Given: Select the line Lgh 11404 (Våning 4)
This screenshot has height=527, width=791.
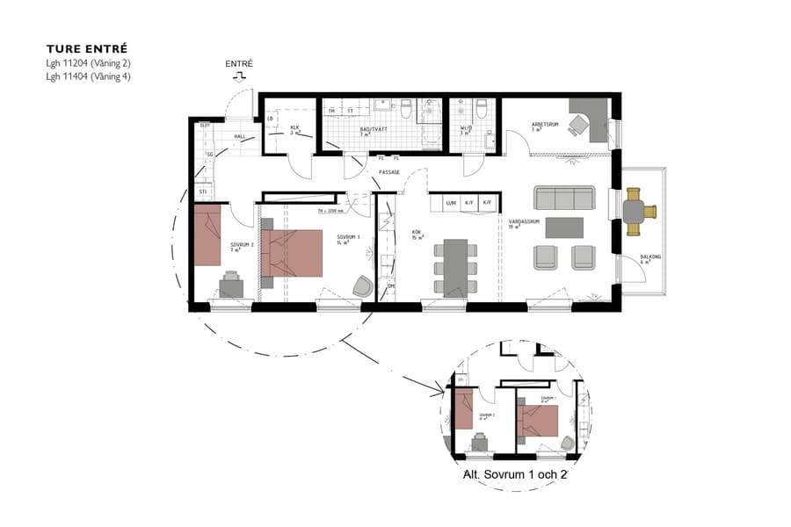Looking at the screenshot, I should (89, 76).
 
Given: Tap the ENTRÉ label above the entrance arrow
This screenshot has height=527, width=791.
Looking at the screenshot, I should (239, 64).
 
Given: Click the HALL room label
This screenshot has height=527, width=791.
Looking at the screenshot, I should (239, 137).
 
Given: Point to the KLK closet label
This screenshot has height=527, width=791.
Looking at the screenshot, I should (295, 128).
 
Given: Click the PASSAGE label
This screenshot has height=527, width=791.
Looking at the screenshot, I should (388, 172).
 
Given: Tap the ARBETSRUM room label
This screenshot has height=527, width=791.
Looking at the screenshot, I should (545, 125).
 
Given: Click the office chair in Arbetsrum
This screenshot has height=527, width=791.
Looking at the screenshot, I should (577, 126).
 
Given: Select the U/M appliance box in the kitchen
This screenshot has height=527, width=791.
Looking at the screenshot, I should (451, 203).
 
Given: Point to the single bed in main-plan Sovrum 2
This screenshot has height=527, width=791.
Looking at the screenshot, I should (207, 235).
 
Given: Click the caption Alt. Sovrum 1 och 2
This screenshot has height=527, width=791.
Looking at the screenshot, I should (515, 475).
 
